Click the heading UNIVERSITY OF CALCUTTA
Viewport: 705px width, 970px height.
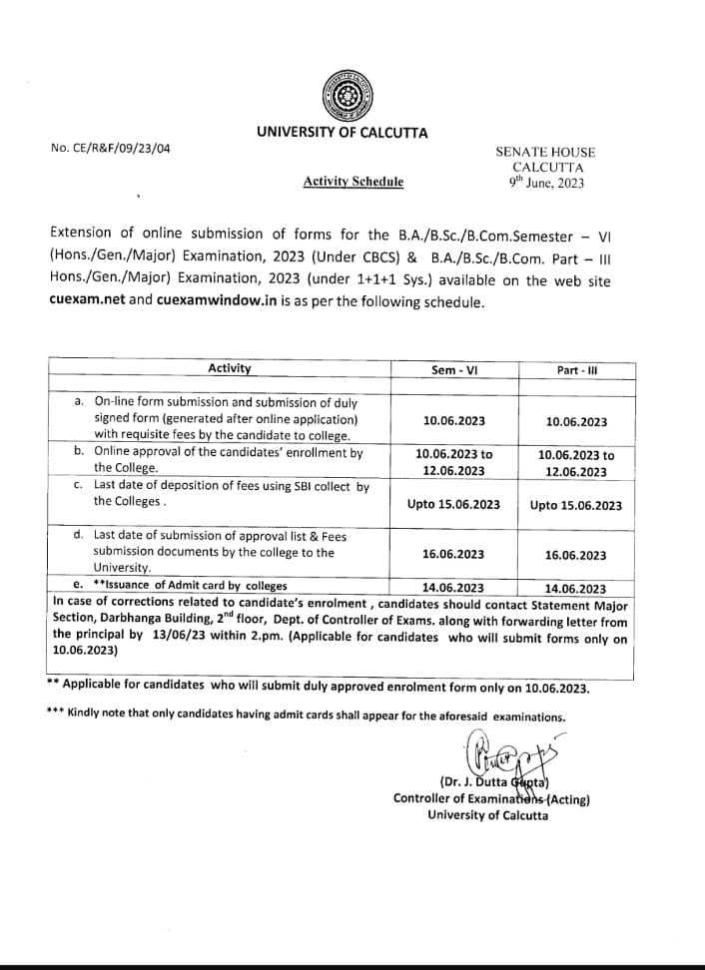pyautogui.click(x=342, y=133)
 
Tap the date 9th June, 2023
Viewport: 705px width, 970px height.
pyautogui.click(x=546, y=183)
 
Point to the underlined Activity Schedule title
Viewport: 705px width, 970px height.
pyautogui.click(x=353, y=182)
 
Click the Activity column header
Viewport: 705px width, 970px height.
pyautogui.click(x=229, y=368)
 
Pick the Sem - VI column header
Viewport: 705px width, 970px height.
pyautogui.click(x=453, y=370)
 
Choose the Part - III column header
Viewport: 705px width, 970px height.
pyautogui.click(x=576, y=370)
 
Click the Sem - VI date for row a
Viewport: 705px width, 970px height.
pyautogui.click(x=453, y=421)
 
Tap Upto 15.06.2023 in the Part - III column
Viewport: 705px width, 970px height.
pyautogui.click(x=576, y=505)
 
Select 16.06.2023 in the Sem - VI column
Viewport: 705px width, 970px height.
pyautogui.click(x=453, y=555)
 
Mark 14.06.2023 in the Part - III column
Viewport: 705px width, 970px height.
pyautogui.click(x=576, y=589)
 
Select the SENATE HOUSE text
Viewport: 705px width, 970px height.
pyautogui.click(x=545, y=152)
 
